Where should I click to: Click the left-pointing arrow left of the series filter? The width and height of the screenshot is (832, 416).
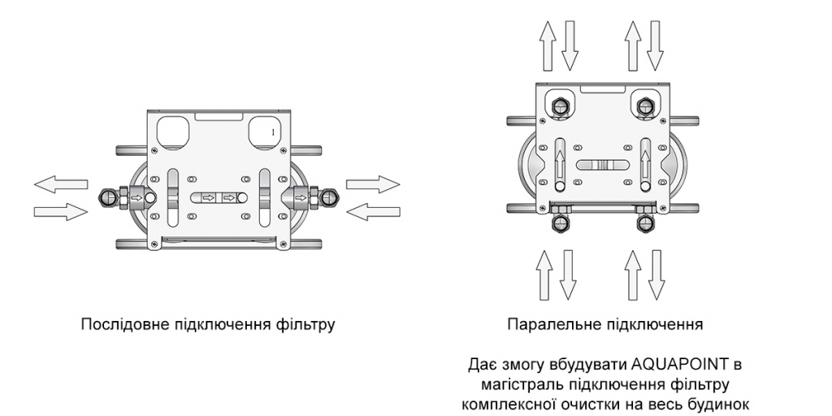point(61,184)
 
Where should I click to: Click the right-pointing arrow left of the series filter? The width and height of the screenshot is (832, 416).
point(61,212)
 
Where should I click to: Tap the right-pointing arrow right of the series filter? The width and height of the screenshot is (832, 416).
point(373,184)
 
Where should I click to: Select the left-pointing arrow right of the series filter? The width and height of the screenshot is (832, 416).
point(373,212)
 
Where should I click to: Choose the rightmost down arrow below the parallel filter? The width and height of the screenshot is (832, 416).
point(656,274)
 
